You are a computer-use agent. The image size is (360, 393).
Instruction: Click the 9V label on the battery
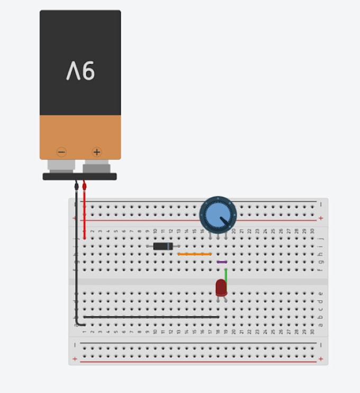click(80, 70)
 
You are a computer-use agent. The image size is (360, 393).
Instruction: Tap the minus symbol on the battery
click(62, 153)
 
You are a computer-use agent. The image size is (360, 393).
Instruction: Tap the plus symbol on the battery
click(96, 153)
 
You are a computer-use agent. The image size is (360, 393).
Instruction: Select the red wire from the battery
click(84, 212)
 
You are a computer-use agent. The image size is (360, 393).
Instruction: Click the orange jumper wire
click(194, 254)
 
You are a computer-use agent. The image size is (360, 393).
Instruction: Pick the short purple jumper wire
click(222, 262)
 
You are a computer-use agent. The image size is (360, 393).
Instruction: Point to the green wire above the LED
click(226, 274)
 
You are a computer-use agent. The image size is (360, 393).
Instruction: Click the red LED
click(221, 288)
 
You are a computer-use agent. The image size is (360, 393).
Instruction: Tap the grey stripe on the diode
click(169, 246)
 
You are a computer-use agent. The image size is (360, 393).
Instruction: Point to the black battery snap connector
click(79, 176)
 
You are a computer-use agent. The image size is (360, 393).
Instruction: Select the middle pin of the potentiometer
click(218, 236)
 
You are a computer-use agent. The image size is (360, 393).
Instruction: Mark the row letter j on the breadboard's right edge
click(319, 238)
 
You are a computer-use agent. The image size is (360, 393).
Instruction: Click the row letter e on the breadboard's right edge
click(319, 293)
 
